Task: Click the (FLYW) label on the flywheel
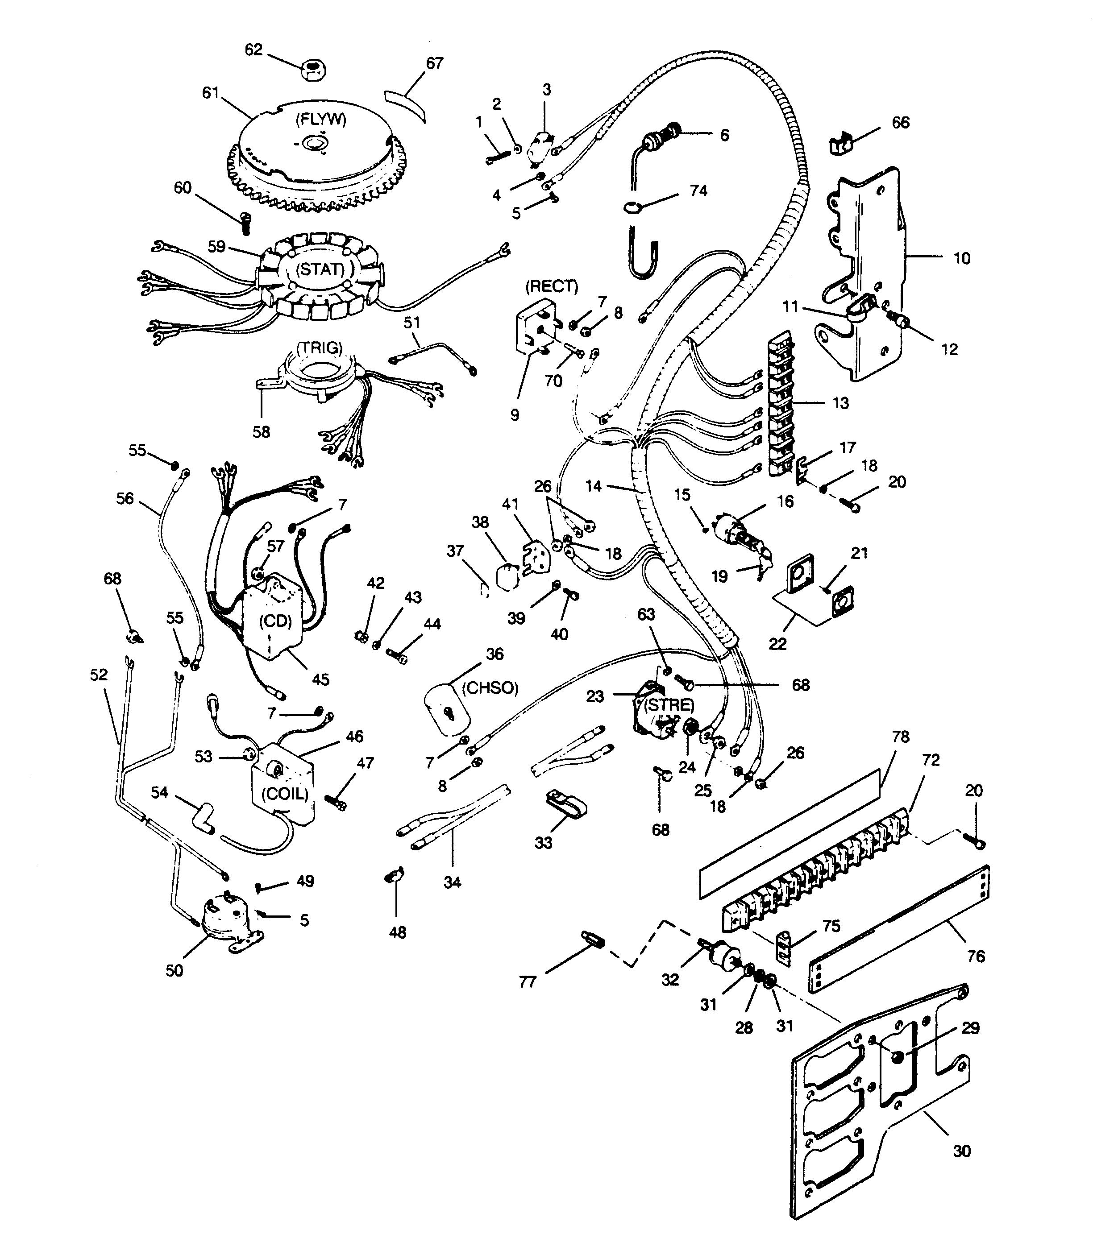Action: (320, 119)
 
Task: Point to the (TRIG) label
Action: (319, 347)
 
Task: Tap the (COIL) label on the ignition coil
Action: (283, 793)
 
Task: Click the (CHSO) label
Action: (490, 687)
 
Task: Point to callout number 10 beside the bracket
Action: (961, 259)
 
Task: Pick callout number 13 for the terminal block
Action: (840, 403)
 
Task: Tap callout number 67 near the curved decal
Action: (434, 63)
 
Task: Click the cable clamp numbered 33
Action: (561, 802)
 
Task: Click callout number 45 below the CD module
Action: (320, 679)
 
